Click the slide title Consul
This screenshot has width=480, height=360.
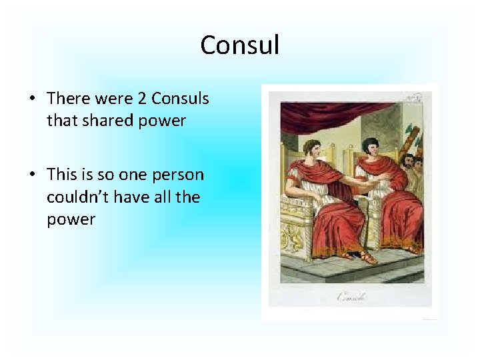(239, 45)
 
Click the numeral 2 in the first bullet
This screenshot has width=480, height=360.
(141, 99)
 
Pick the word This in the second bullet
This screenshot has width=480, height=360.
(62, 175)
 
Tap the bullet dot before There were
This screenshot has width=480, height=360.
(32, 99)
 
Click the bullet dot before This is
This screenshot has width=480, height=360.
(32, 175)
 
